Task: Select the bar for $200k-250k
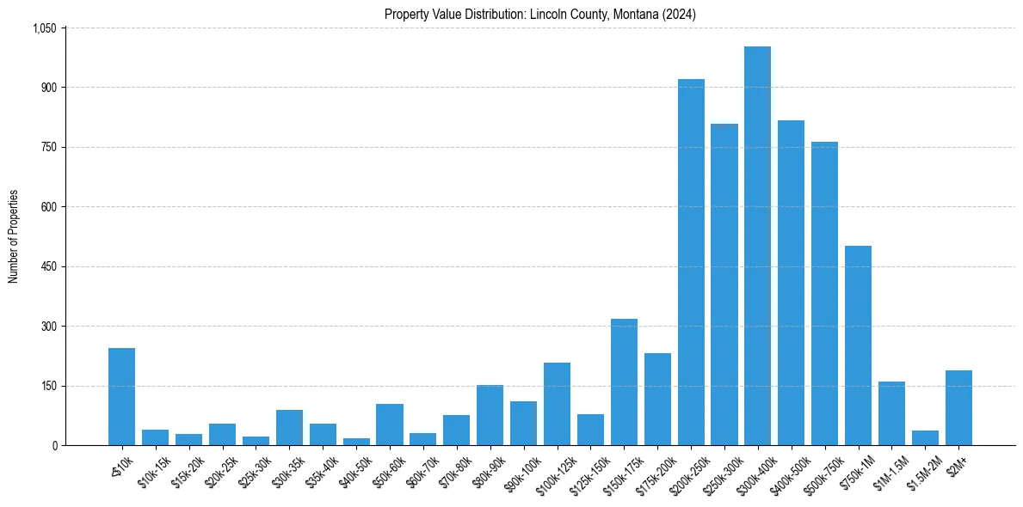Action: pyautogui.click(x=691, y=262)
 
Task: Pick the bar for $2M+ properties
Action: pyautogui.click(x=958, y=408)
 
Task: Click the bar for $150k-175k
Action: pyautogui.click(x=624, y=382)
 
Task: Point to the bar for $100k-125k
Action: pyautogui.click(x=557, y=404)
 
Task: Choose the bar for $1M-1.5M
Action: pyautogui.click(x=891, y=413)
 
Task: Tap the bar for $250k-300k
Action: pyautogui.click(x=724, y=284)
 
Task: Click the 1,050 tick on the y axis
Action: pyautogui.click(x=44, y=28)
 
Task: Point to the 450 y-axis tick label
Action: pyautogui.click(x=49, y=267)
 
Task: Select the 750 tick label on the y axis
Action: pyautogui.click(x=49, y=148)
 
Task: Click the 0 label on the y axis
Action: pyautogui.click(x=54, y=446)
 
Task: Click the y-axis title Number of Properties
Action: pyautogui.click(x=13, y=236)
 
